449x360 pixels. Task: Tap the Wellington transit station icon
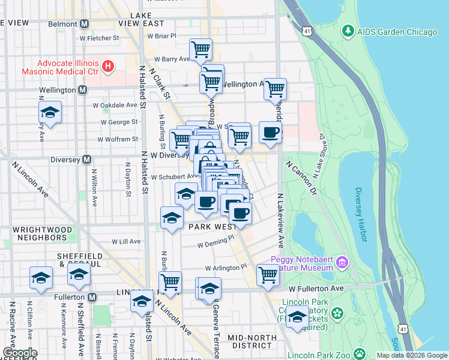(x=83, y=90)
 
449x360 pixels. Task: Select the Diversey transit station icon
(x=86, y=160)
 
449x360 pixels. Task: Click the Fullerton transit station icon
(x=92, y=297)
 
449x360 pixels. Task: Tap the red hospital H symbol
(x=108, y=66)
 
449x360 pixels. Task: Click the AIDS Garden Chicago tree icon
(x=348, y=31)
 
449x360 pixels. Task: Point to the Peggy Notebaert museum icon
(x=342, y=262)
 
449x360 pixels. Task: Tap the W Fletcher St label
(x=99, y=38)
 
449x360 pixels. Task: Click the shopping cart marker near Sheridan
(x=275, y=89)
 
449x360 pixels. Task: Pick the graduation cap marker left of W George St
(x=50, y=112)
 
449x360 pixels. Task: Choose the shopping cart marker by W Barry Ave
(x=200, y=49)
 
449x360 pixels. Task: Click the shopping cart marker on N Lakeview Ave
(x=268, y=275)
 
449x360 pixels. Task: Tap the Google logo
(x=20, y=353)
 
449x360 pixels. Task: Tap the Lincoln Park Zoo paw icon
(x=360, y=353)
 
